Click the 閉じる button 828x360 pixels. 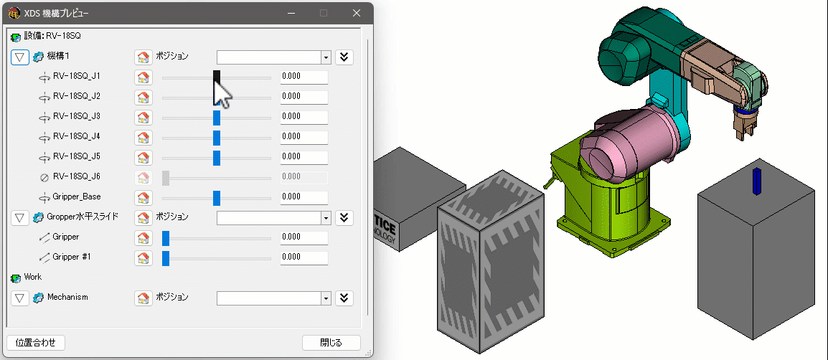[x=331, y=343]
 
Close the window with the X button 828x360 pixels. [x=357, y=13]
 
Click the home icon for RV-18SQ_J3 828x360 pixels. [x=143, y=117]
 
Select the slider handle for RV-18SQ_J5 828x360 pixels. [x=217, y=157]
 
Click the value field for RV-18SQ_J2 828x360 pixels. [x=304, y=97]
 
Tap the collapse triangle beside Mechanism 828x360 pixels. [x=20, y=298]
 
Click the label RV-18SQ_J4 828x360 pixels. [x=77, y=136]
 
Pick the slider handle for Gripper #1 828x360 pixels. [x=166, y=257]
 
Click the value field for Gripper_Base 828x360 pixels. [x=304, y=197]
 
